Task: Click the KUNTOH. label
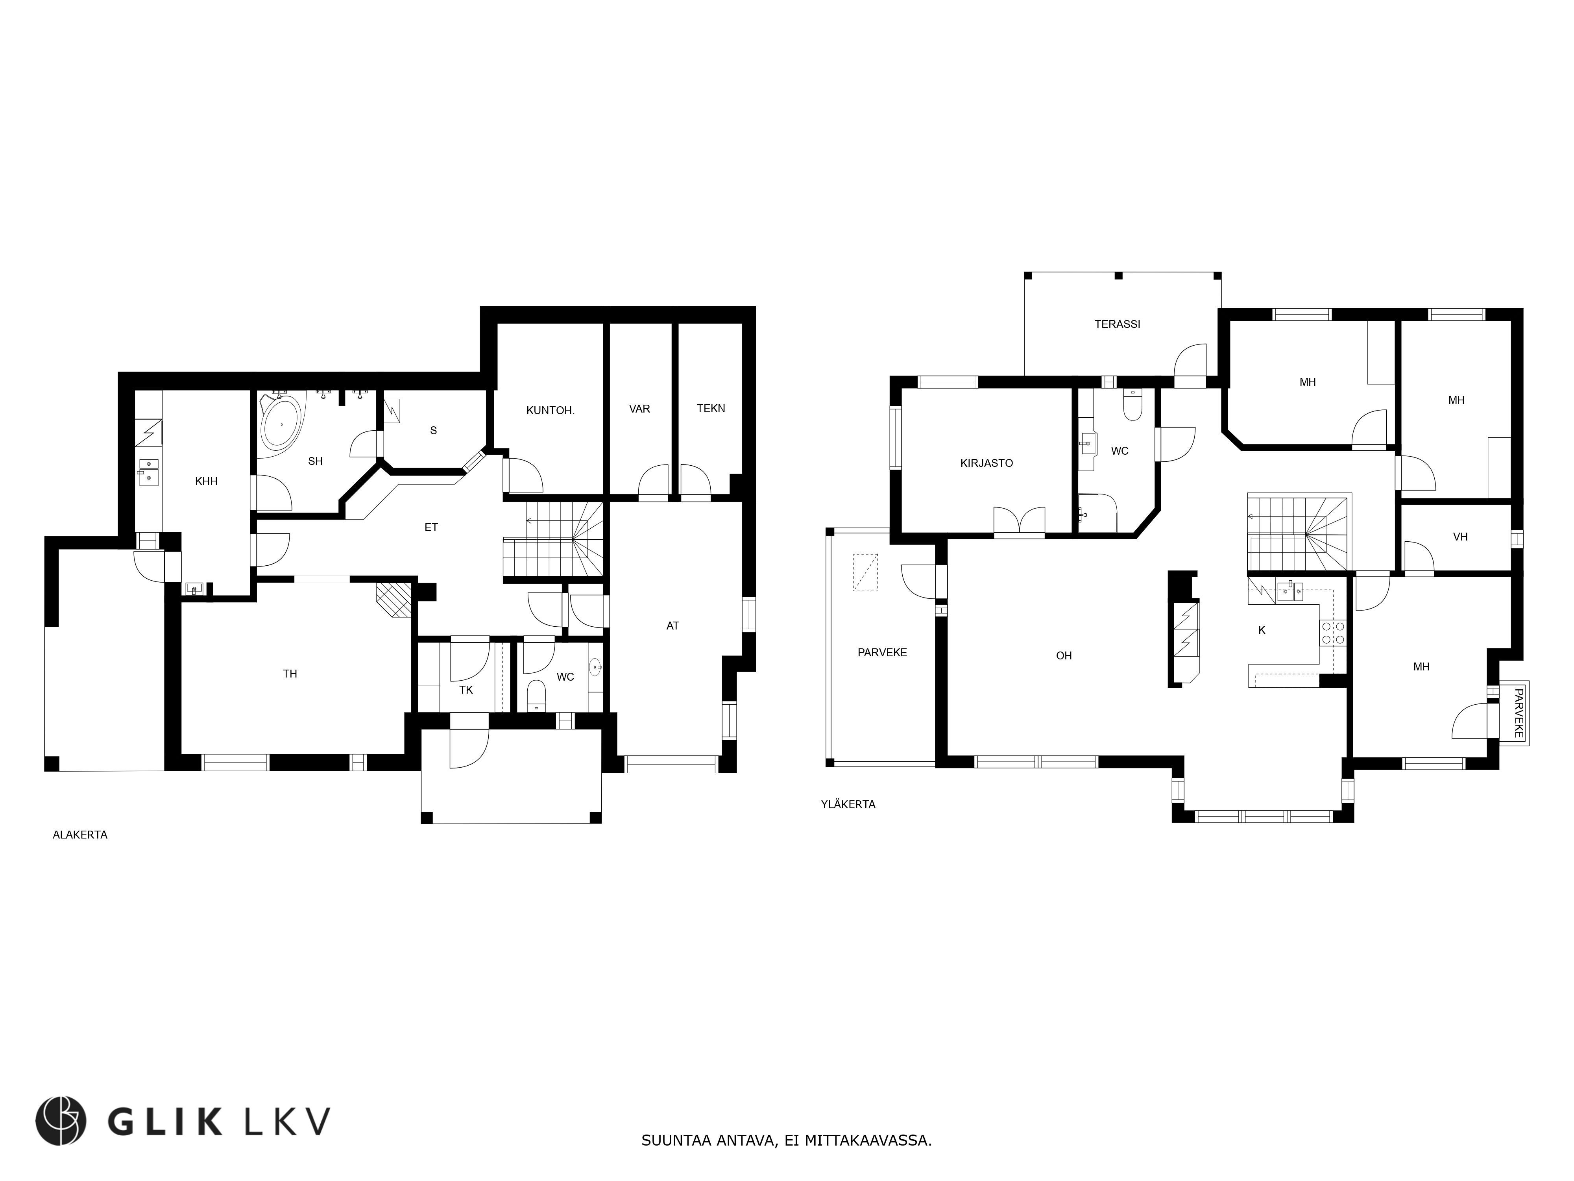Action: pos(550,411)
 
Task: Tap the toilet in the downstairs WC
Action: pos(536,695)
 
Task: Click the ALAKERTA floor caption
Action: pos(80,835)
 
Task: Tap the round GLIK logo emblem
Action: pos(61,1121)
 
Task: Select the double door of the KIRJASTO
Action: pos(1019,521)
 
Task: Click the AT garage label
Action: pos(672,626)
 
